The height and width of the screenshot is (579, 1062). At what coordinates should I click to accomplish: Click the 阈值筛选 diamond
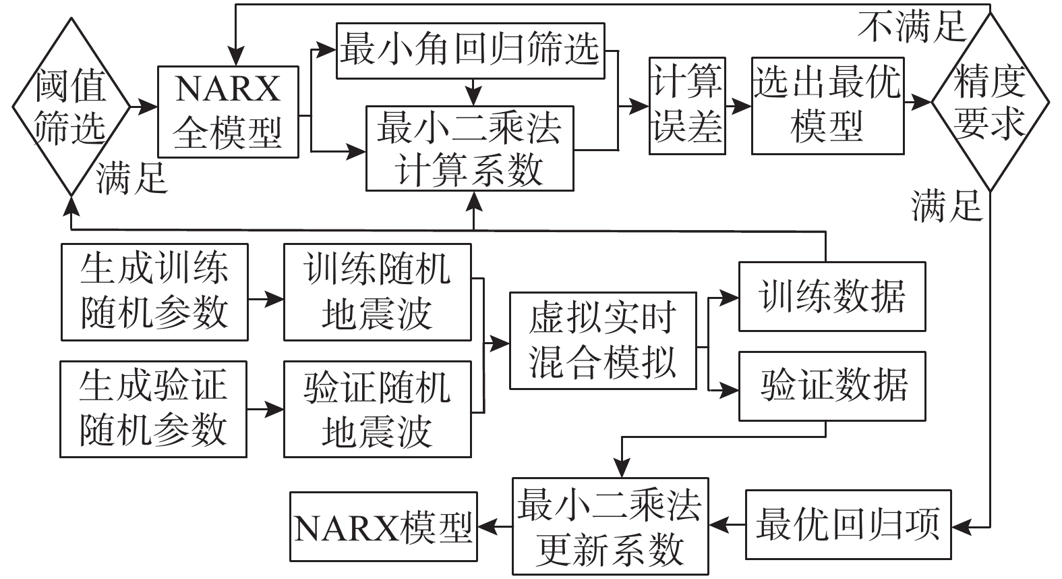tap(70, 107)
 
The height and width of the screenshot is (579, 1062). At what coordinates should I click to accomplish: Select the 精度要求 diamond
tap(990, 103)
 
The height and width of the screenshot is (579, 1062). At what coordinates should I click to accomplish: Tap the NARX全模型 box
tap(228, 111)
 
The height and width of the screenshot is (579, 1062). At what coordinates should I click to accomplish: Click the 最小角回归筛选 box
tap(470, 51)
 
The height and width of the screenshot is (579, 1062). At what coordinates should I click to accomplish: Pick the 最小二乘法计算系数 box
tap(469, 148)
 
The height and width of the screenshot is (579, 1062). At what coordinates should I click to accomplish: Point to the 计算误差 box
tap(687, 106)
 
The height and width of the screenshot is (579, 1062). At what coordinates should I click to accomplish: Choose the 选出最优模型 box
tap(827, 106)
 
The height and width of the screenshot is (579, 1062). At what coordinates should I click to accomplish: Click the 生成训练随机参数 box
tap(154, 292)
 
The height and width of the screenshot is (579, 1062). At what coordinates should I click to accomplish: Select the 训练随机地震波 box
tap(377, 292)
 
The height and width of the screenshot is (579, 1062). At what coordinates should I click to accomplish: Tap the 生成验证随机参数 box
tap(154, 409)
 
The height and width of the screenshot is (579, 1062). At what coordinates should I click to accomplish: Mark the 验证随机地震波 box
tap(377, 409)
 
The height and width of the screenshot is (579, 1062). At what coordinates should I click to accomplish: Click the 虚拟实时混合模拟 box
tap(602, 340)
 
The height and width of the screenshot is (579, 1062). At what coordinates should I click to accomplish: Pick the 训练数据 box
tap(832, 296)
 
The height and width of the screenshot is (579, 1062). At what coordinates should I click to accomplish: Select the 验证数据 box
tap(832, 385)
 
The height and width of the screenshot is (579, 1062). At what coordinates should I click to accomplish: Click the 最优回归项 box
tap(848, 524)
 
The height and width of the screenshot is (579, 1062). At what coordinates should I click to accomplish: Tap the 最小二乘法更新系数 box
tap(610, 526)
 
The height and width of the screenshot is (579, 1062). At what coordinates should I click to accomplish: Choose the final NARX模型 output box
tap(383, 526)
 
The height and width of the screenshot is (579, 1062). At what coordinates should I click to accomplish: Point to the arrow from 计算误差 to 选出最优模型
tap(739, 106)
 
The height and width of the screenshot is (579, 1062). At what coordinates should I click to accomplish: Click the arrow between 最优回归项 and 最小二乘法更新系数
tap(727, 524)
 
